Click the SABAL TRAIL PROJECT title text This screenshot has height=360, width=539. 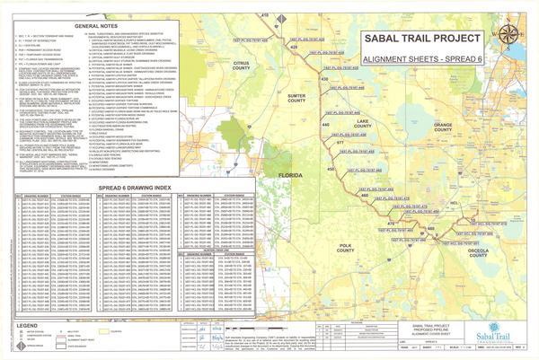click(x=422, y=40)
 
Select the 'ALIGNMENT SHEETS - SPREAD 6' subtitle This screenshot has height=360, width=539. click(x=422, y=56)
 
